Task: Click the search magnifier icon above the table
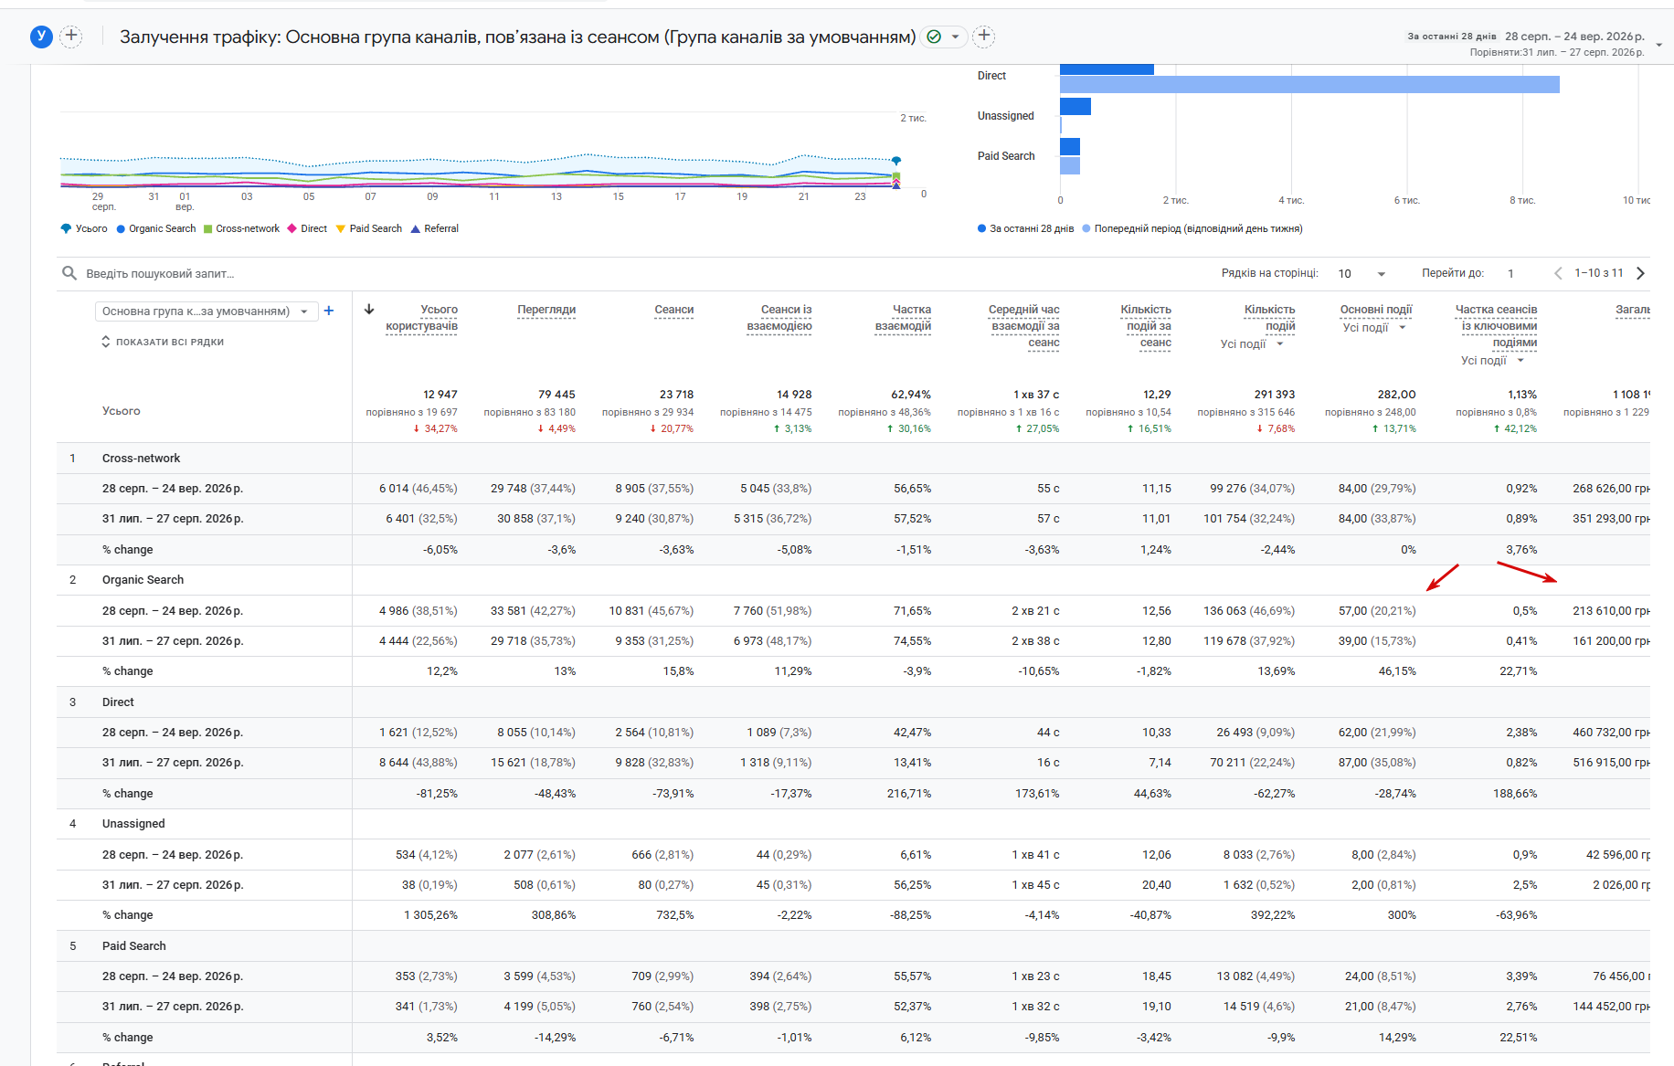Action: tap(69, 273)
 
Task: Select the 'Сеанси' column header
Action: tap(673, 310)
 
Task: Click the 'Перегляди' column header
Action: tap(546, 310)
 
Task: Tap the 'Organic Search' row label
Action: tap(143, 580)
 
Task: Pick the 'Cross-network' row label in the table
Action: tap(141, 459)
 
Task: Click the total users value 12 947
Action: tap(440, 395)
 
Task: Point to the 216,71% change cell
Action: tap(909, 794)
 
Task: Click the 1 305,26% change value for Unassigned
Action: tap(430, 915)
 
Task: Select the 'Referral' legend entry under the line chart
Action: tap(435, 228)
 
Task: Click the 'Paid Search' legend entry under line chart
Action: tap(369, 228)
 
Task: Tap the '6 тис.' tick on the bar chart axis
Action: tap(1406, 200)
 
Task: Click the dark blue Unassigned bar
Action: tap(1075, 107)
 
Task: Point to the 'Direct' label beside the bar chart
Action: tap(991, 76)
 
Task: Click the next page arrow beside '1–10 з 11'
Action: tap(1640, 273)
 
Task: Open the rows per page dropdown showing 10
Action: tap(1361, 274)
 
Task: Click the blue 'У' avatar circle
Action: tap(41, 37)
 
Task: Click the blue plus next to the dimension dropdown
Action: tap(329, 311)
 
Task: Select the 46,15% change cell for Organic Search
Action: tap(1397, 671)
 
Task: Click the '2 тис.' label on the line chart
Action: tap(913, 118)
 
